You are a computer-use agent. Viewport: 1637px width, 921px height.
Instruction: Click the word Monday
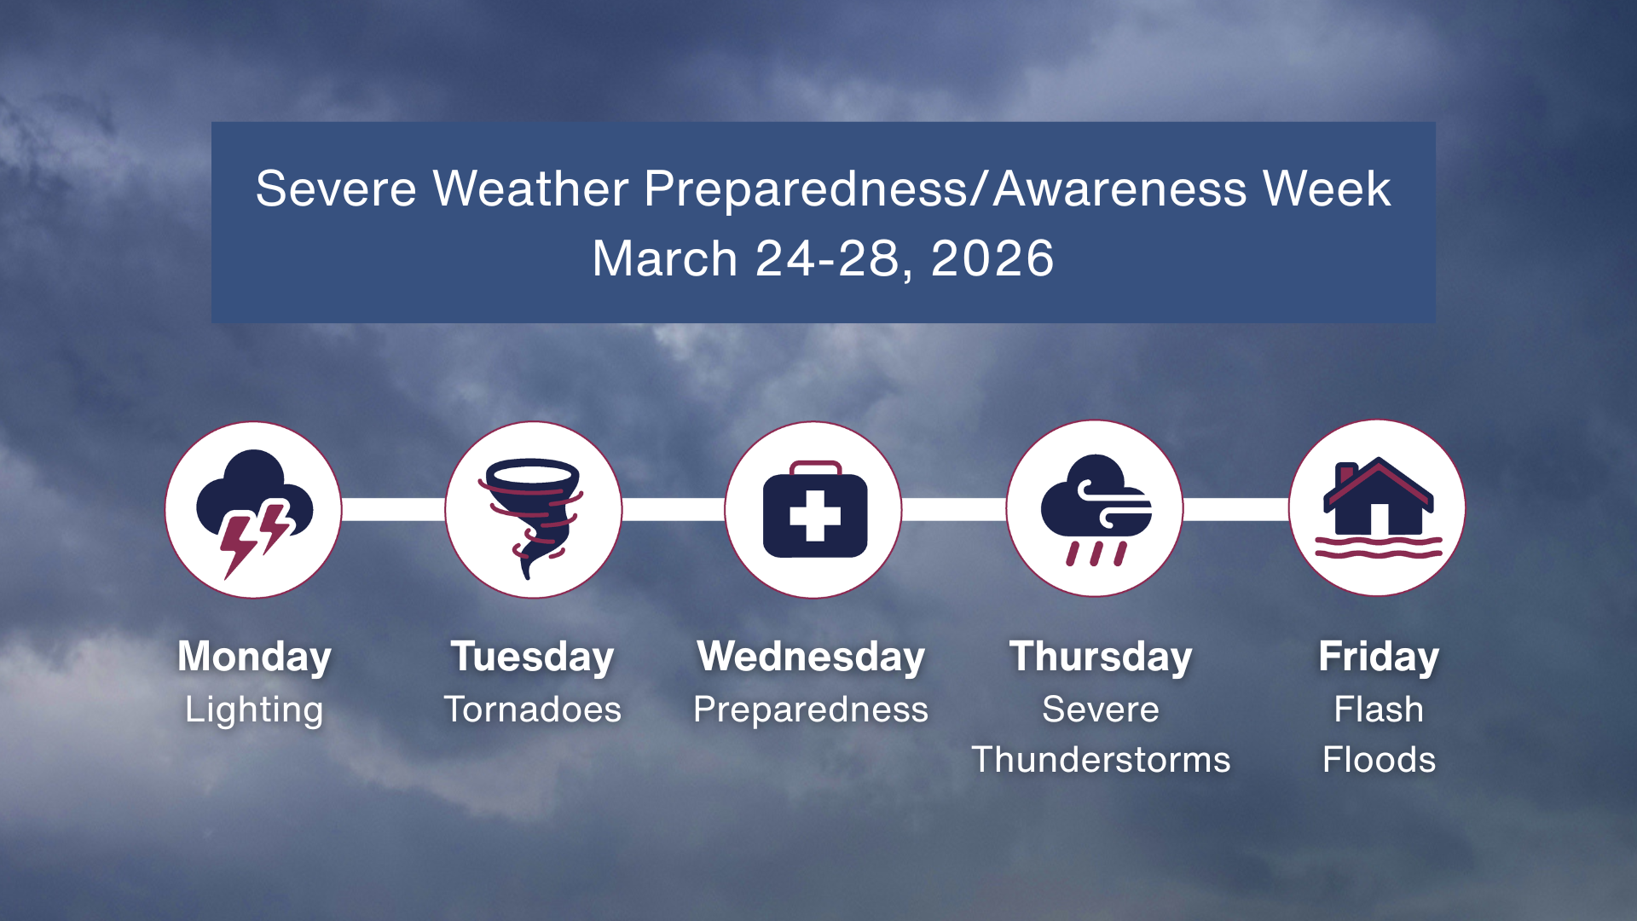tap(254, 657)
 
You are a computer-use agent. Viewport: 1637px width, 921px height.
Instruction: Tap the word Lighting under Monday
tap(254, 710)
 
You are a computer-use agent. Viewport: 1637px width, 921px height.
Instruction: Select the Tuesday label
tap(532, 657)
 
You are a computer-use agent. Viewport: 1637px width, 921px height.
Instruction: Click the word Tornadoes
tap(532, 710)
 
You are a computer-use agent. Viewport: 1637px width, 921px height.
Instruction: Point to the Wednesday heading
tap(811, 657)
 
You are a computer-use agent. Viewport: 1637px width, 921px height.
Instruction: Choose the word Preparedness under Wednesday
tap(811, 710)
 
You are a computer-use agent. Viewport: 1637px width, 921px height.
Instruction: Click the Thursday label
tap(1101, 657)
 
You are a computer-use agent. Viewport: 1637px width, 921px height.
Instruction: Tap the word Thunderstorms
tap(1101, 760)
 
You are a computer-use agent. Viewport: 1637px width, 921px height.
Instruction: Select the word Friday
tap(1379, 657)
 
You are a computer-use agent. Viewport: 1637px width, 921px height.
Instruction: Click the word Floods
tap(1379, 760)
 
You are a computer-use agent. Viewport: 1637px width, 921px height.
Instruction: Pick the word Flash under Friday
tap(1379, 710)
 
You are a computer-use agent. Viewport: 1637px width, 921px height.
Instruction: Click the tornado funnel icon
tap(532, 512)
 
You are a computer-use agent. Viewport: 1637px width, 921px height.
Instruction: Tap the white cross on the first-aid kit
tap(815, 516)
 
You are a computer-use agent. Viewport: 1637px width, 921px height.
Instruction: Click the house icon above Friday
tap(1378, 499)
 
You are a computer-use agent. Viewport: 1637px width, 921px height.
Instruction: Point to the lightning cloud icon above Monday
tap(252, 510)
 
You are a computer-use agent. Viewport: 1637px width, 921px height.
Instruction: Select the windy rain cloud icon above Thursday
tap(1095, 508)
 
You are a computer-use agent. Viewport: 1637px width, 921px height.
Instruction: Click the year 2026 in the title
tap(992, 258)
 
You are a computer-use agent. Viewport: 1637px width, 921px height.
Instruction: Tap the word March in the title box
tap(664, 258)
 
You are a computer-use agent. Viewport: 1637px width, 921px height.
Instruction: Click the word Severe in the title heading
tap(336, 188)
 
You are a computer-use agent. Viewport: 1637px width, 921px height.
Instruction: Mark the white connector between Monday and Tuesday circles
tap(393, 510)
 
